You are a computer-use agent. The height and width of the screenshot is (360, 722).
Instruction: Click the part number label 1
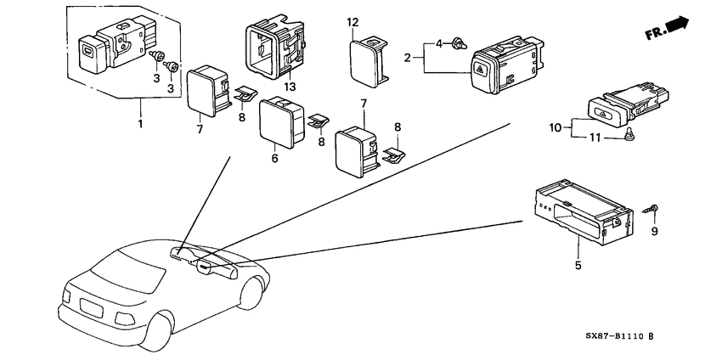tap(140, 124)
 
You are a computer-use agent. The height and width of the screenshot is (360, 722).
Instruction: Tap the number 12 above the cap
tap(353, 21)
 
